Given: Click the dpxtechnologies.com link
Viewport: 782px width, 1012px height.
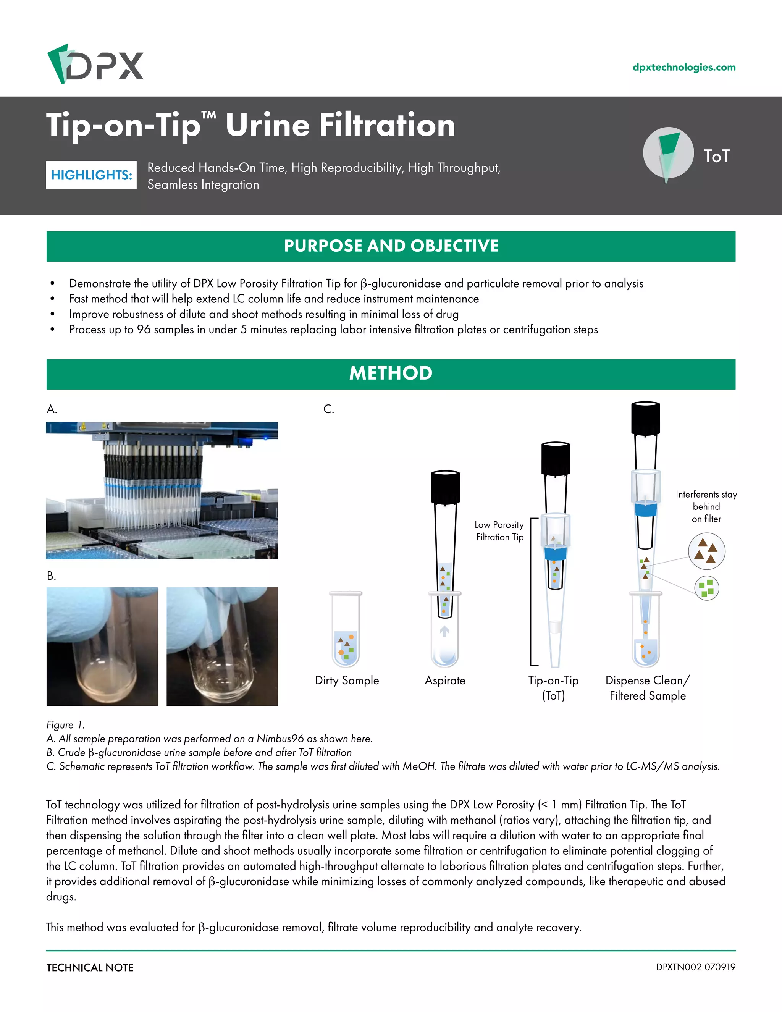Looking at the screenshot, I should tap(684, 67).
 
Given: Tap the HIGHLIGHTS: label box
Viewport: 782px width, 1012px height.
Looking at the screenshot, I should tap(91, 175).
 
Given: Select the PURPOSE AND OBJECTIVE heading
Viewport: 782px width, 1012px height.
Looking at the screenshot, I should tap(391, 246).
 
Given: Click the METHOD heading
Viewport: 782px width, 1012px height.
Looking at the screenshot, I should tap(391, 373).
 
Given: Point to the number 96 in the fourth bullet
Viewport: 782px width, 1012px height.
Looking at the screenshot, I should tap(144, 330).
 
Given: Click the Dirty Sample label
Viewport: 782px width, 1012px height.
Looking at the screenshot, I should tap(347, 680).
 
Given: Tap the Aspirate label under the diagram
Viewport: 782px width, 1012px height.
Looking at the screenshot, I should tap(445, 680).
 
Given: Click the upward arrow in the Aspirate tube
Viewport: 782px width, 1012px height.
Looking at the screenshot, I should tap(444, 631).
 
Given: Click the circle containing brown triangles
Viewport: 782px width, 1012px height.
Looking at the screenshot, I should tap(706, 551).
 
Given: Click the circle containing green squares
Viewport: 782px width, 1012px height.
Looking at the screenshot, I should tap(706, 588).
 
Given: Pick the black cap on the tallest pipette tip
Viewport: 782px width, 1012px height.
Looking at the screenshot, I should tap(645, 419).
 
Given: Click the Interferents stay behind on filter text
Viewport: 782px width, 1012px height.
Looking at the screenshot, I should tap(706, 506).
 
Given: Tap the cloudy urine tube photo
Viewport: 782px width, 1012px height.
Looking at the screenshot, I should tap(102, 647).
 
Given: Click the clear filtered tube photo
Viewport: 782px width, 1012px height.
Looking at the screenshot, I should tap(222, 647).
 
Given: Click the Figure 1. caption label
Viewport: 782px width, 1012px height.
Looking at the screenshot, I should tap(65, 725).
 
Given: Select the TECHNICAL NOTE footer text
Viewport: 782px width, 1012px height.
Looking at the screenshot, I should tap(90, 968).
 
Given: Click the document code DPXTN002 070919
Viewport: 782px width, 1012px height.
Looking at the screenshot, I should tap(695, 967).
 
